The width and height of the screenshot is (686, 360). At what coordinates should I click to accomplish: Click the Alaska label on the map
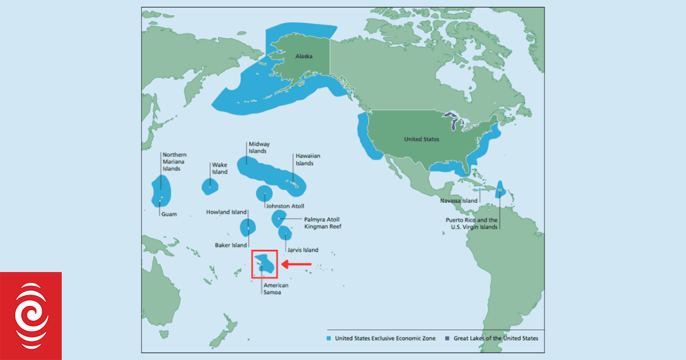click(x=303, y=56)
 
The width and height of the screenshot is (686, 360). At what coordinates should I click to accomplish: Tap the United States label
click(x=421, y=139)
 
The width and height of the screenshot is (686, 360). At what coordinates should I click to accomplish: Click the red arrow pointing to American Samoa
click(x=296, y=264)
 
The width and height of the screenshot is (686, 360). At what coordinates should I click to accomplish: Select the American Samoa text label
click(x=276, y=289)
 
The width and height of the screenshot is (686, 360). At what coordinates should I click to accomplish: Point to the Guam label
click(x=169, y=214)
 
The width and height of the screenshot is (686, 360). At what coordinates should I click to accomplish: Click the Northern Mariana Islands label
click(x=174, y=162)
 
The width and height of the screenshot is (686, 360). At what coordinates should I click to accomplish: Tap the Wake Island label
click(x=220, y=169)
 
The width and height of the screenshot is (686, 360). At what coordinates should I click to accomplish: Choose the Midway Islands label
click(x=258, y=147)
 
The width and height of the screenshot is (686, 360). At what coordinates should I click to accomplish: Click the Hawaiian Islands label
click(x=304, y=159)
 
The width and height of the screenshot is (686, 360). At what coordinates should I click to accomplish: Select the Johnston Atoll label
click(x=285, y=206)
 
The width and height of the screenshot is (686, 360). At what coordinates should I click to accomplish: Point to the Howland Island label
click(x=226, y=212)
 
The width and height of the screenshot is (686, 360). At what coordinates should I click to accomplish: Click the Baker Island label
click(x=230, y=246)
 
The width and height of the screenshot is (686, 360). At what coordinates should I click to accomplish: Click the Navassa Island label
click(x=458, y=201)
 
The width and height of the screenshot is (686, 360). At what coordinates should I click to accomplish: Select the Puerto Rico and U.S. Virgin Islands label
click(x=472, y=223)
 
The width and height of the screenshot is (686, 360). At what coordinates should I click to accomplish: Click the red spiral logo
click(x=31, y=316)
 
